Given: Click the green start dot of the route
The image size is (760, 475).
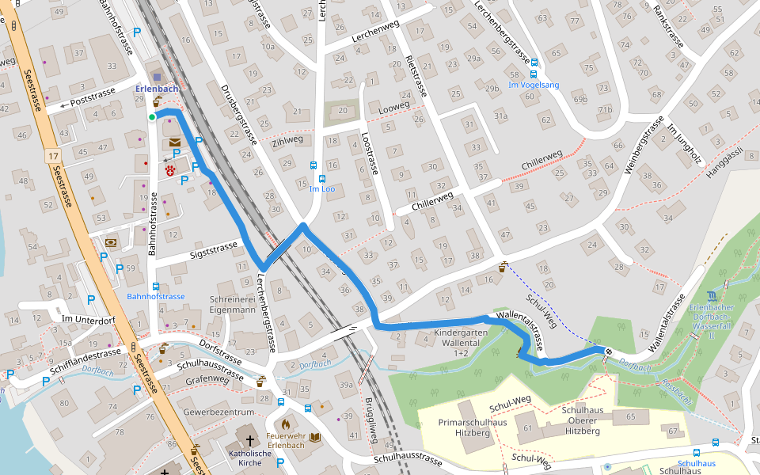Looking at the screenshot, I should coord(152,118).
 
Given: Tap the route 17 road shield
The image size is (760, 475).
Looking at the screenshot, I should coord(52,157).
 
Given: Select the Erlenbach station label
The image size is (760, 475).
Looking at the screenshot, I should coord(156,89).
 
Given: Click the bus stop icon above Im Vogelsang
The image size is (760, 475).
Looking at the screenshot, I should coord(534,63).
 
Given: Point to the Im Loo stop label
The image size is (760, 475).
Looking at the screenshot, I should coord(322,189).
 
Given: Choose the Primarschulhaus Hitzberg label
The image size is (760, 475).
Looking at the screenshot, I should coord(473,427).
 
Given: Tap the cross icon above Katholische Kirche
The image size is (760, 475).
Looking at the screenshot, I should coord(250,439).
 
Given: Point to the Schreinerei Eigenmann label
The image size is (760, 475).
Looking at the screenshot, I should coord(232,306).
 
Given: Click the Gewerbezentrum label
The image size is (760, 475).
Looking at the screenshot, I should coord(218,412).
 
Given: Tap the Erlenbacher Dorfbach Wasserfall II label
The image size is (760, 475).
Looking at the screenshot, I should coord(712,316).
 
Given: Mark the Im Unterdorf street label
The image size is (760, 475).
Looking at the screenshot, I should coord(88,319).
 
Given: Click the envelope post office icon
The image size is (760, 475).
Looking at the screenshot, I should coord(174,142).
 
